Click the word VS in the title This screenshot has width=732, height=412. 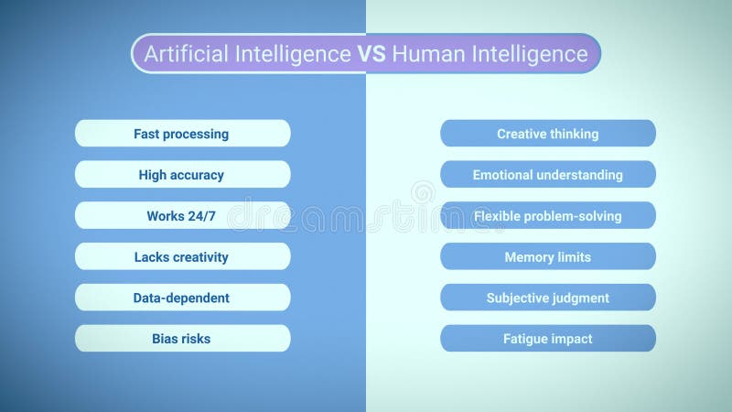click(x=371, y=54)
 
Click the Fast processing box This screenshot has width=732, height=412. click(x=182, y=134)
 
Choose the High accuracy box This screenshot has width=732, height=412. click(x=182, y=175)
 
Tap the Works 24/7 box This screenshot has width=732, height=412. click(x=182, y=216)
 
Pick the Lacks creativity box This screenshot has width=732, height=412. click(x=182, y=257)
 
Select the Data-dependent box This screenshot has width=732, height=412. click(x=182, y=298)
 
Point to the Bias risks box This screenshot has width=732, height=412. click(x=182, y=339)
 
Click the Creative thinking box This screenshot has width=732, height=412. click(x=548, y=134)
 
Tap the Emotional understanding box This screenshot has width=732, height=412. click(x=548, y=175)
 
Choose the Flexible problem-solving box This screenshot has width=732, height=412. click(x=548, y=216)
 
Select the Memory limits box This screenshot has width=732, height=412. click(x=548, y=257)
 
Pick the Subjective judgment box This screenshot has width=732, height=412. click(x=548, y=298)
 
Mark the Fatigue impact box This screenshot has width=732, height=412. click(x=548, y=339)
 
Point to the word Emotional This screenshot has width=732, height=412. click(x=505, y=175)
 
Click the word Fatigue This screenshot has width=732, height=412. click(x=525, y=339)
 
